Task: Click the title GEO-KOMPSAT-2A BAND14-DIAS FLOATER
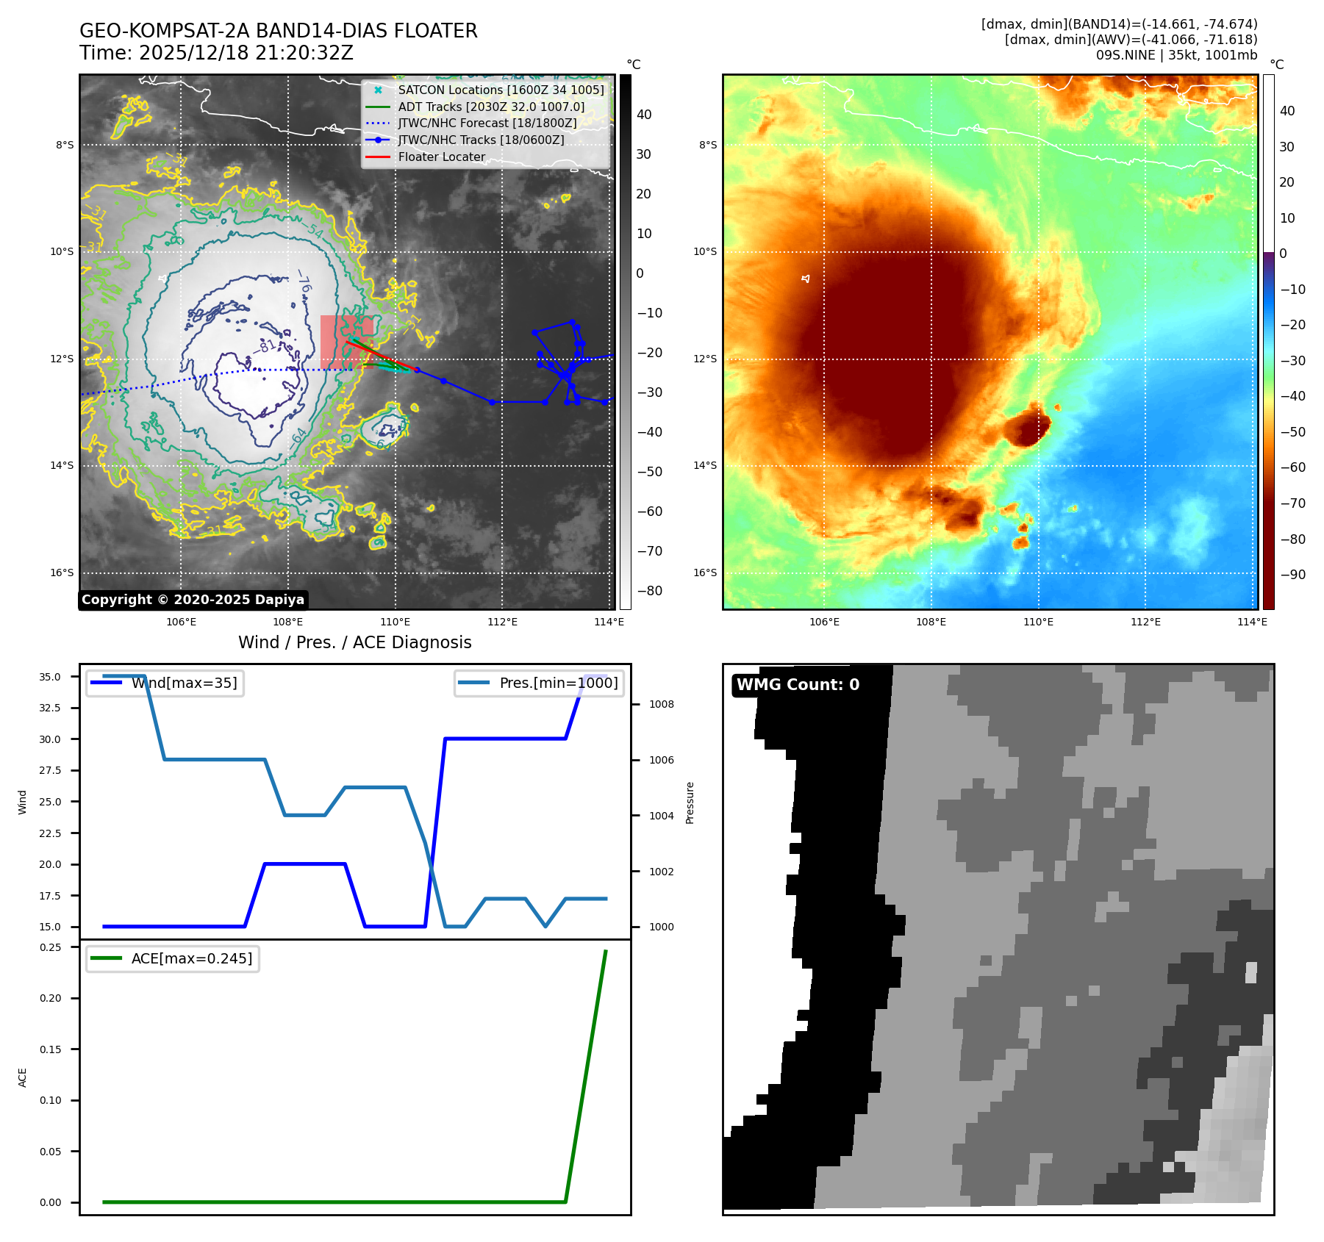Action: click(x=278, y=31)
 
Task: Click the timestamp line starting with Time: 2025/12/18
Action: click(x=216, y=53)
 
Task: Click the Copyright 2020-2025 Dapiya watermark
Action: click(x=193, y=600)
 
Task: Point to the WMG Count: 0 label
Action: click(x=798, y=685)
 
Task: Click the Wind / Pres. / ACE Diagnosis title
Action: click(x=354, y=642)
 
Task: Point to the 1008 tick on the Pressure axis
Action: click(x=661, y=704)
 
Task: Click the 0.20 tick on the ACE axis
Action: click(x=51, y=998)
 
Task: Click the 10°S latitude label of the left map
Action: click(x=62, y=252)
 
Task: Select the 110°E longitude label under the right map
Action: click(x=1038, y=622)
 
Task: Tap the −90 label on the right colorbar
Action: click(x=1292, y=575)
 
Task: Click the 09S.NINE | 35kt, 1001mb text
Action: click(x=1176, y=55)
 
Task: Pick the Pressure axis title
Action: click(x=690, y=803)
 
